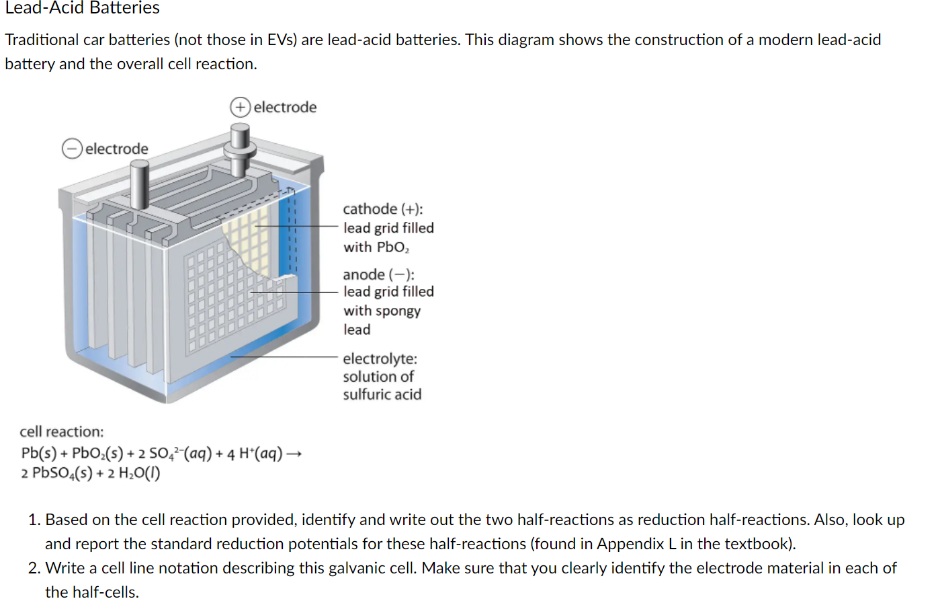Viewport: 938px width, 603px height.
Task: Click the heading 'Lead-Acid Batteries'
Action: [82, 8]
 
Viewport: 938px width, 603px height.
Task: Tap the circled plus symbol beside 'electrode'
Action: [240, 108]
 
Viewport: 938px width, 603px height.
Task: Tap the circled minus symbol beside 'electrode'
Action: [72, 149]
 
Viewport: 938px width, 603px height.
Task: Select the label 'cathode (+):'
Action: [382, 209]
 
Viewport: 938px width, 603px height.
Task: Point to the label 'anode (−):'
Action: [378, 274]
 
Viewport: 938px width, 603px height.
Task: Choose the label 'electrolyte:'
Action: [380, 359]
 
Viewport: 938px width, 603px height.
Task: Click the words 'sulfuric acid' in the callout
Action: [382, 395]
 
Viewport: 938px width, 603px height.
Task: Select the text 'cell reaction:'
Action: [62, 432]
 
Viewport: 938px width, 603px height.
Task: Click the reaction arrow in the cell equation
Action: [294, 454]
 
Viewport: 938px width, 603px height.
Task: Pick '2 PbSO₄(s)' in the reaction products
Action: [56, 473]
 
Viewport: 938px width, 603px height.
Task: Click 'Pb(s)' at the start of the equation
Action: [38, 454]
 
